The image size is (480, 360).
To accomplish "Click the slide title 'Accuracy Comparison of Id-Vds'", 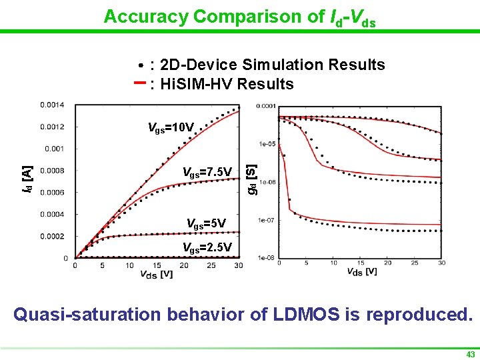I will pos(239,17).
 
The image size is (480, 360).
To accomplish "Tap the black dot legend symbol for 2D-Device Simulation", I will pos(141,67).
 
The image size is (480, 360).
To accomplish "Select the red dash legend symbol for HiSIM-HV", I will pos(140,83).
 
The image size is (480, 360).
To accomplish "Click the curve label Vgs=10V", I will pos(171,127).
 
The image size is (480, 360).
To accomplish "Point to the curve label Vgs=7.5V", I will pos(207,173).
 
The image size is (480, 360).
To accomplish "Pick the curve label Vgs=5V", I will pos(206,223).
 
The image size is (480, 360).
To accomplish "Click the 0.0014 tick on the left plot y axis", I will pos(52,105).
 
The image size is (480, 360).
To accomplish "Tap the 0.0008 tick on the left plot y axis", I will pos(52,171).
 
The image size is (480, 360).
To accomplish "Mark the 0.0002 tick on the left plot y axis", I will pos(52,236).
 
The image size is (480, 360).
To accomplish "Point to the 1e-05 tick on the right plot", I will pos(267,143).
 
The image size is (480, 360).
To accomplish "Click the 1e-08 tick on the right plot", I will pos(267,257).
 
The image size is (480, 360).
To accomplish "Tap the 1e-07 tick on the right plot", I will pos(267,219).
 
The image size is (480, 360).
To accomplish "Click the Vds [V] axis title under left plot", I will pos(157,274).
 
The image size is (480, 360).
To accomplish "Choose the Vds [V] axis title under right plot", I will pos(362,271).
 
